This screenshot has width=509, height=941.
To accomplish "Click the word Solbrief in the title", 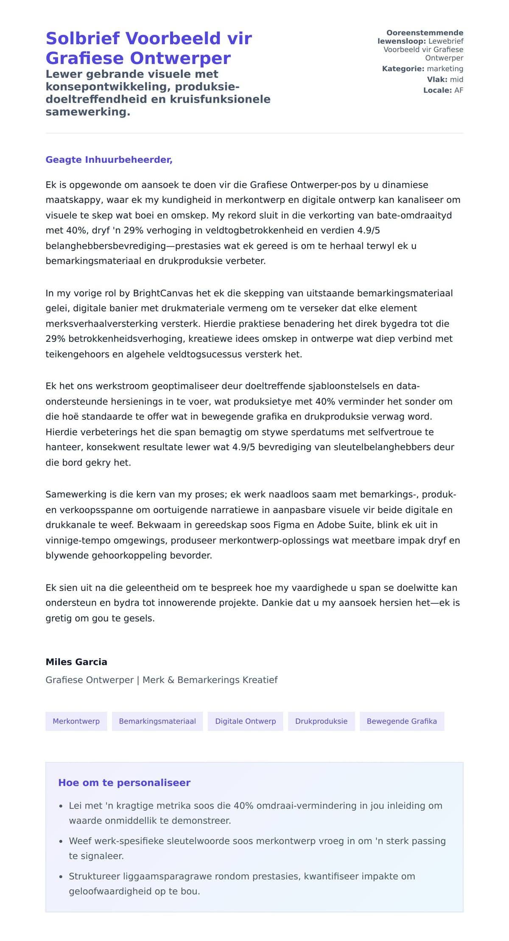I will pyautogui.click(x=83, y=39).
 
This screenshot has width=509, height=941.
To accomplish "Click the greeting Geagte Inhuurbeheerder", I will pyautogui.click(x=109, y=160).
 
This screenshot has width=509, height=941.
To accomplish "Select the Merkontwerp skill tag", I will pyautogui.click(x=76, y=721).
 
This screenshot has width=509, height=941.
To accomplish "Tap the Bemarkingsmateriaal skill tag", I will pyautogui.click(x=157, y=721).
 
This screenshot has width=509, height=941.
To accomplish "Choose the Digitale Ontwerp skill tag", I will pyautogui.click(x=245, y=721).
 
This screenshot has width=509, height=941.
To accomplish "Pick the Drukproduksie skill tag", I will pyautogui.click(x=321, y=721).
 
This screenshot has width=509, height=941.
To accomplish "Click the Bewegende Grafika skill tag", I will pyautogui.click(x=402, y=721).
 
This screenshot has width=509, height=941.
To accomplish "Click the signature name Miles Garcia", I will pyautogui.click(x=76, y=662).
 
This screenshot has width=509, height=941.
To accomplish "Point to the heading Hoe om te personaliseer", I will pyautogui.click(x=124, y=783).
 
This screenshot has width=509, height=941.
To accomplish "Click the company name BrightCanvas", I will pyautogui.click(x=163, y=293).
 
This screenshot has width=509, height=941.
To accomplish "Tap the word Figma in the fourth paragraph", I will pyautogui.click(x=287, y=525).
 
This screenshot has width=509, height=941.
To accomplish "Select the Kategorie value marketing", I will pyautogui.click(x=445, y=69).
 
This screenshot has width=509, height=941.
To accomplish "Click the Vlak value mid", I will pyautogui.click(x=456, y=79).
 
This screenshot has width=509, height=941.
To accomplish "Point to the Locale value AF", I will pyautogui.click(x=459, y=90).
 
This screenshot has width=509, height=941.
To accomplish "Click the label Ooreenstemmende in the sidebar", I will pyautogui.click(x=425, y=33).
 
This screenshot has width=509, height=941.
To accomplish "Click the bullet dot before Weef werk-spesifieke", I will pyautogui.click(x=61, y=841).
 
